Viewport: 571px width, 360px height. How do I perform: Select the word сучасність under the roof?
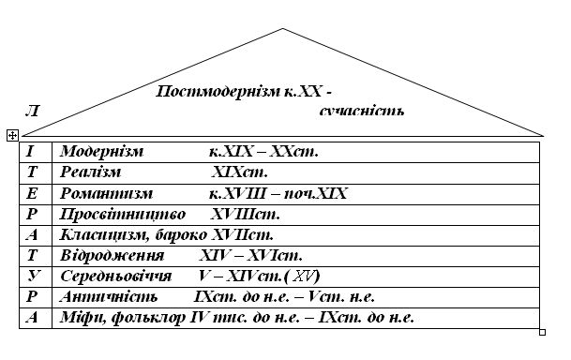click(x=361, y=112)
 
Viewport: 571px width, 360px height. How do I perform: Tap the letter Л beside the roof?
click(x=33, y=112)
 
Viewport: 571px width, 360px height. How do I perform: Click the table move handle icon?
click(x=12, y=136)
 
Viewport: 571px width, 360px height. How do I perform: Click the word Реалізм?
click(x=90, y=172)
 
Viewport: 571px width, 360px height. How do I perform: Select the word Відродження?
click(x=112, y=256)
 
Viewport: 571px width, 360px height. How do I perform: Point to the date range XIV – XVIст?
click(x=251, y=256)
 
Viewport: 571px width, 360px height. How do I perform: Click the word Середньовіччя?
click(x=115, y=277)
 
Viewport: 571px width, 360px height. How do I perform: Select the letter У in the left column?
click(x=31, y=277)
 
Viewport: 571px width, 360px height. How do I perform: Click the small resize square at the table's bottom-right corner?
click(x=543, y=331)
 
